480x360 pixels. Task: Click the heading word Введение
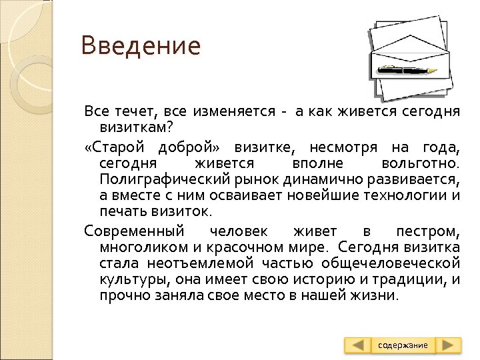pyautogui.click(x=141, y=46)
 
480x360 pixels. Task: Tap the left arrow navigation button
pyautogui.click(x=359, y=345)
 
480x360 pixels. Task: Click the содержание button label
pyautogui.click(x=403, y=345)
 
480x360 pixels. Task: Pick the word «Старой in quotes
pyautogui.click(x=114, y=147)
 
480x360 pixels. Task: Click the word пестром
pyautogui.click(x=427, y=232)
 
